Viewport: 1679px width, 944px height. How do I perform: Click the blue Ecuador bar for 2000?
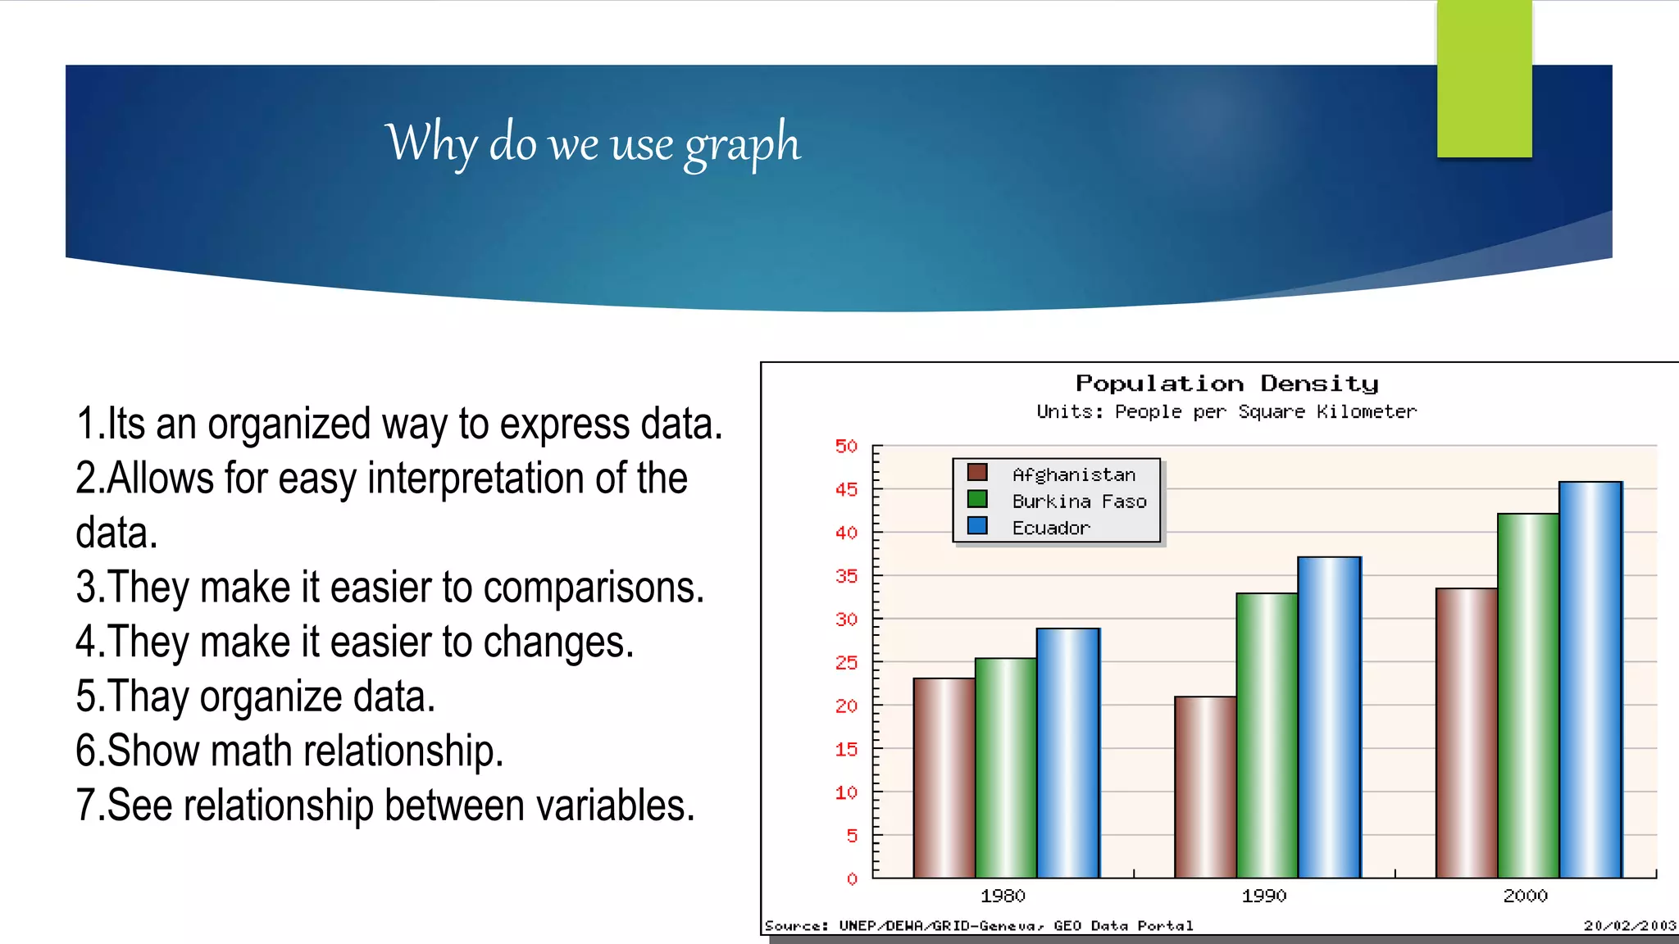[x=1590, y=680]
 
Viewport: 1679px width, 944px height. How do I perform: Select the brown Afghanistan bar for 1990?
[x=1204, y=787]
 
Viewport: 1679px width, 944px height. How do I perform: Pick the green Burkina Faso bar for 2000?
[x=1527, y=696]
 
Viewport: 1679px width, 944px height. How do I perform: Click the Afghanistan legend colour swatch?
[x=976, y=473]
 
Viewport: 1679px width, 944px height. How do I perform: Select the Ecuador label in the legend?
[x=1050, y=529]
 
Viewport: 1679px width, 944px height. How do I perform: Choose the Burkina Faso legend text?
[x=1079, y=501]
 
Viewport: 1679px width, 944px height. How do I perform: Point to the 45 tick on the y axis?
[x=846, y=490]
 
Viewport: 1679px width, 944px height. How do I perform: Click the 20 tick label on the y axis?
[x=846, y=706]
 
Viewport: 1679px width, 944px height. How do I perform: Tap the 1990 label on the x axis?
[x=1263, y=896]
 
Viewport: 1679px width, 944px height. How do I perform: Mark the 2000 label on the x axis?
[x=1524, y=896]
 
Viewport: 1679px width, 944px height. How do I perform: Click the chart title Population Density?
[x=1226, y=383]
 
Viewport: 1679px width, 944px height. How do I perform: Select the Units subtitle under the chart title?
[x=1226, y=411]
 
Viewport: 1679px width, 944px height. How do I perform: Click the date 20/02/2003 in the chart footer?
[x=1629, y=926]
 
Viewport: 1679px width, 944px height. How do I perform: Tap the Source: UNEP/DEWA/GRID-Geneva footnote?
[x=978, y=926]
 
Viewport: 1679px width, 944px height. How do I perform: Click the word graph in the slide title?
[x=742, y=145]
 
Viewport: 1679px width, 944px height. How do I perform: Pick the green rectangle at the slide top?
[x=1484, y=79]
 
